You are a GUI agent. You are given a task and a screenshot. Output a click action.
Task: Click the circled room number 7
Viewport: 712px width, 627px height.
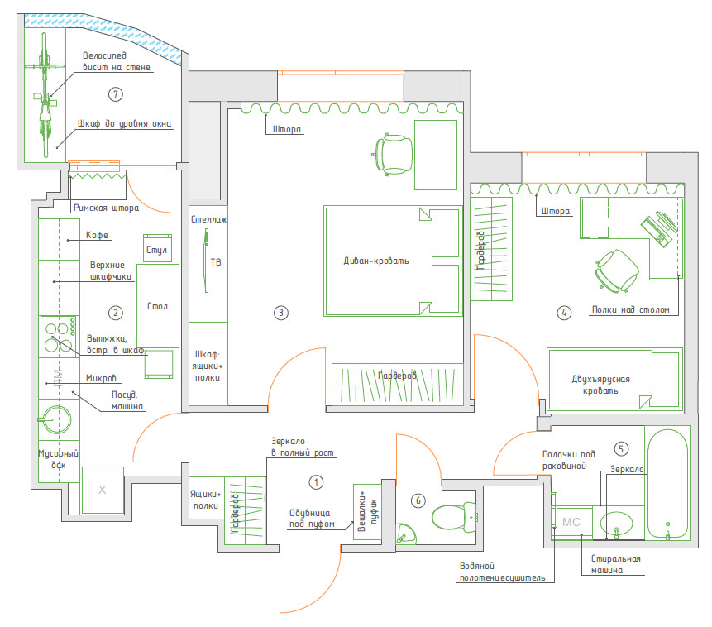tap(115, 94)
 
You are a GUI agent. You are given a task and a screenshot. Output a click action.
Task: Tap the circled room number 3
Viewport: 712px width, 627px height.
tap(280, 313)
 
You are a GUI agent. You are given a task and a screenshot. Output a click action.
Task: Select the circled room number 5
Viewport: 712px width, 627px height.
tap(621, 448)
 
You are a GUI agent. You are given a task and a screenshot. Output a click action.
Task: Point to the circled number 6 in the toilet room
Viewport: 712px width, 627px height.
tap(418, 500)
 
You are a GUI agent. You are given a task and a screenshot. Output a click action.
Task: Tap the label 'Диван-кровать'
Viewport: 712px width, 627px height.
tap(376, 261)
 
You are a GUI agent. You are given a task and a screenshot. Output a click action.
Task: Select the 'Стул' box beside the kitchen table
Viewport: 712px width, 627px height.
tap(156, 249)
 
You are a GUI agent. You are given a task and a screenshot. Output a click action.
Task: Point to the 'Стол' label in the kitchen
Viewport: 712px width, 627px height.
tap(157, 306)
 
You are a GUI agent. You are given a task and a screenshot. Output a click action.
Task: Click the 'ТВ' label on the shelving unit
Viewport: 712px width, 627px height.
tap(217, 262)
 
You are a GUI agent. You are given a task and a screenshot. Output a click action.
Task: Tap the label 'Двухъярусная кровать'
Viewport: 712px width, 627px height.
tap(600, 384)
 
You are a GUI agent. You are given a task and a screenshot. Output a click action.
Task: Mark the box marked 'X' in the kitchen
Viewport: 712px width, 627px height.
tap(103, 491)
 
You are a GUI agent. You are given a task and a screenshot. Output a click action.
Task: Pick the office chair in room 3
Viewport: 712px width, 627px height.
tap(394, 153)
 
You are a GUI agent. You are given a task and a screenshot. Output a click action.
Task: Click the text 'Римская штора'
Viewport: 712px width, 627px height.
tap(106, 208)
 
